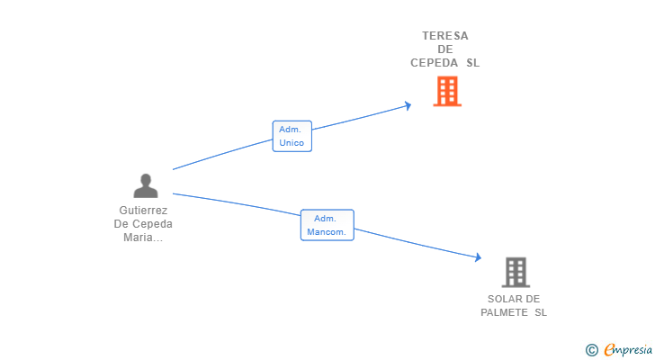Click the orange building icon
(x=446, y=91)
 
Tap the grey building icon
(x=516, y=272)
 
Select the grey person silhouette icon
(x=146, y=185)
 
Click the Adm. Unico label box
(x=292, y=136)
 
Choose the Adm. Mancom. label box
(x=327, y=225)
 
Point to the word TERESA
(x=445, y=36)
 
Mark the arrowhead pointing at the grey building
(x=477, y=258)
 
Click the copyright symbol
(x=591, y=349)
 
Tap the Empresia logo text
(x=628, y=349)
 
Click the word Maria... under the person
(x=143, y=238)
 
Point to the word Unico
(x=292, y=142)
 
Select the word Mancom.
(x=327, y=232)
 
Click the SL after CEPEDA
(x=472, y=63)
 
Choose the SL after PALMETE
(x=540, y=312)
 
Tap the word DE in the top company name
(x=445, y=49)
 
